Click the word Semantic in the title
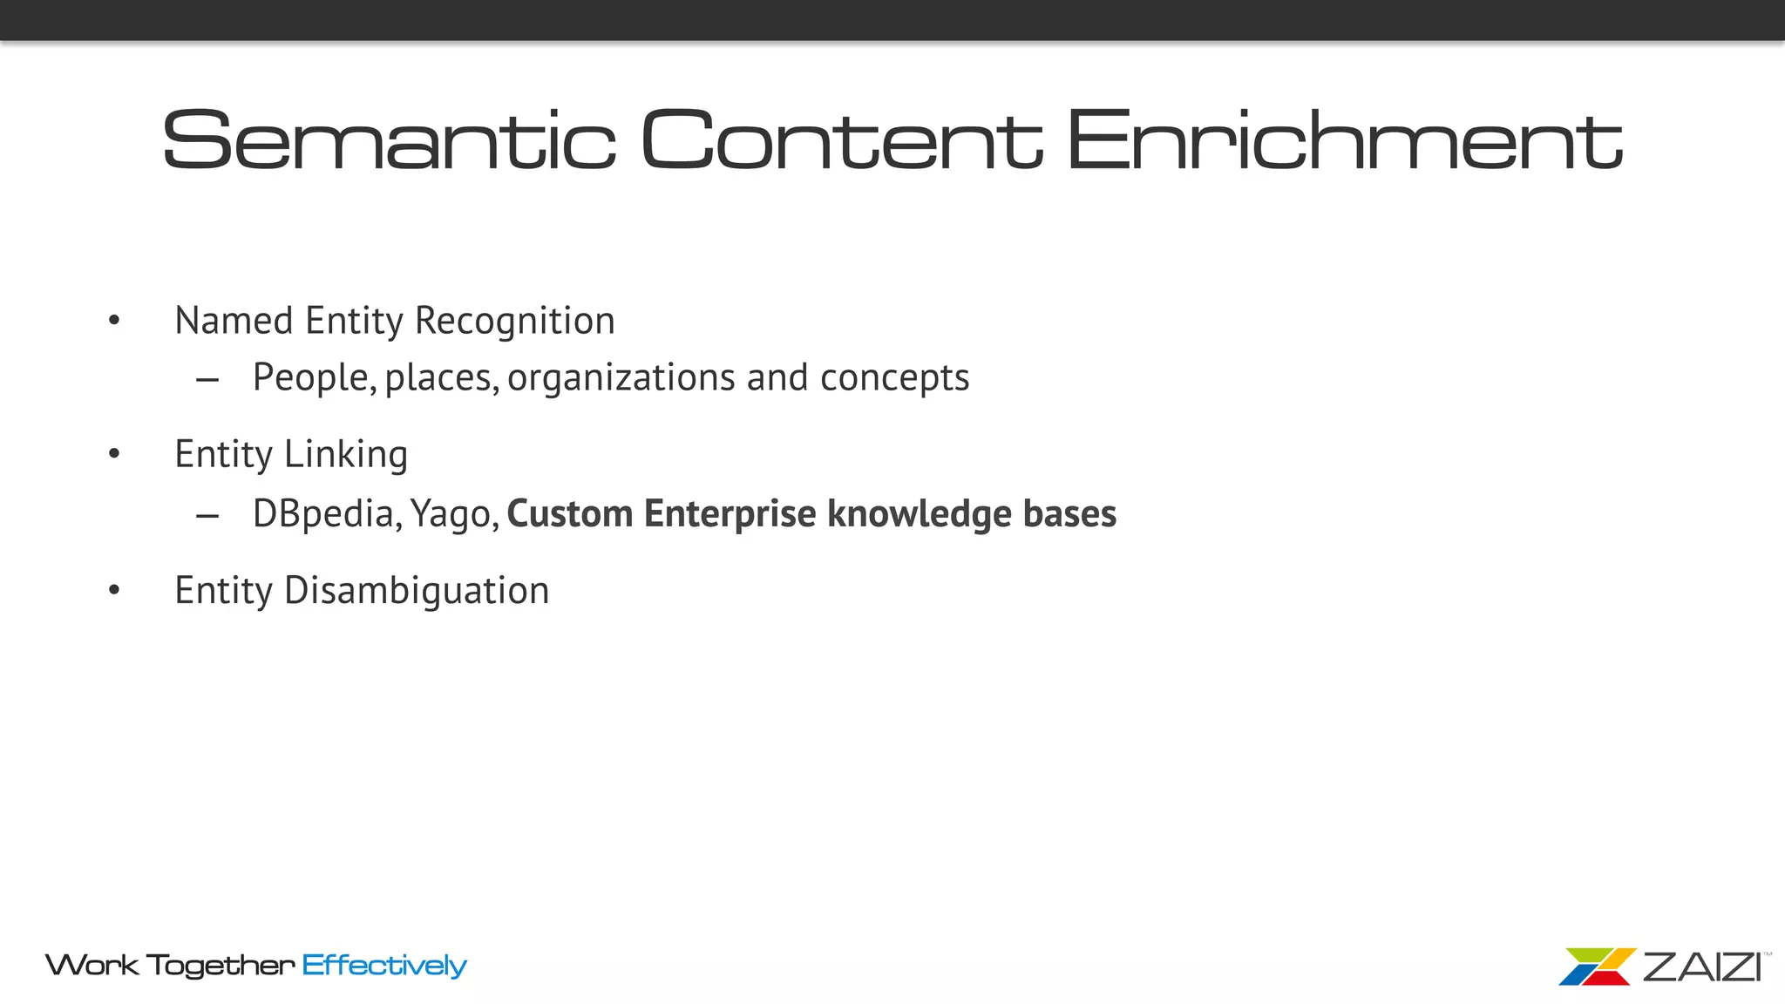(x=389, y=139)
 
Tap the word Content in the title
(x=841, y=139)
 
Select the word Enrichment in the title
(x=1344, y=139)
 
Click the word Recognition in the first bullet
(x=515, y=322)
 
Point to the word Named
(x=234, y=321)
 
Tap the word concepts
(x=894, y=378)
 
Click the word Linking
(x=346, y=455)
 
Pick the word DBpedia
(x=327, y=514)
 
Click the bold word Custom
(x=569, y=514)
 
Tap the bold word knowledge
(x=919, y=514)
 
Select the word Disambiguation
(x=417, y=591)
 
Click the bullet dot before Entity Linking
(x=114, y=454)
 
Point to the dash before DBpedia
(x=207, y=516)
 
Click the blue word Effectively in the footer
(x=384, y=966)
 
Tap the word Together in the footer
(x=221, y=966)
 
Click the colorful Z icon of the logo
(x=1597, y=967)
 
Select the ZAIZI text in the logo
(x=1701, y=967)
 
